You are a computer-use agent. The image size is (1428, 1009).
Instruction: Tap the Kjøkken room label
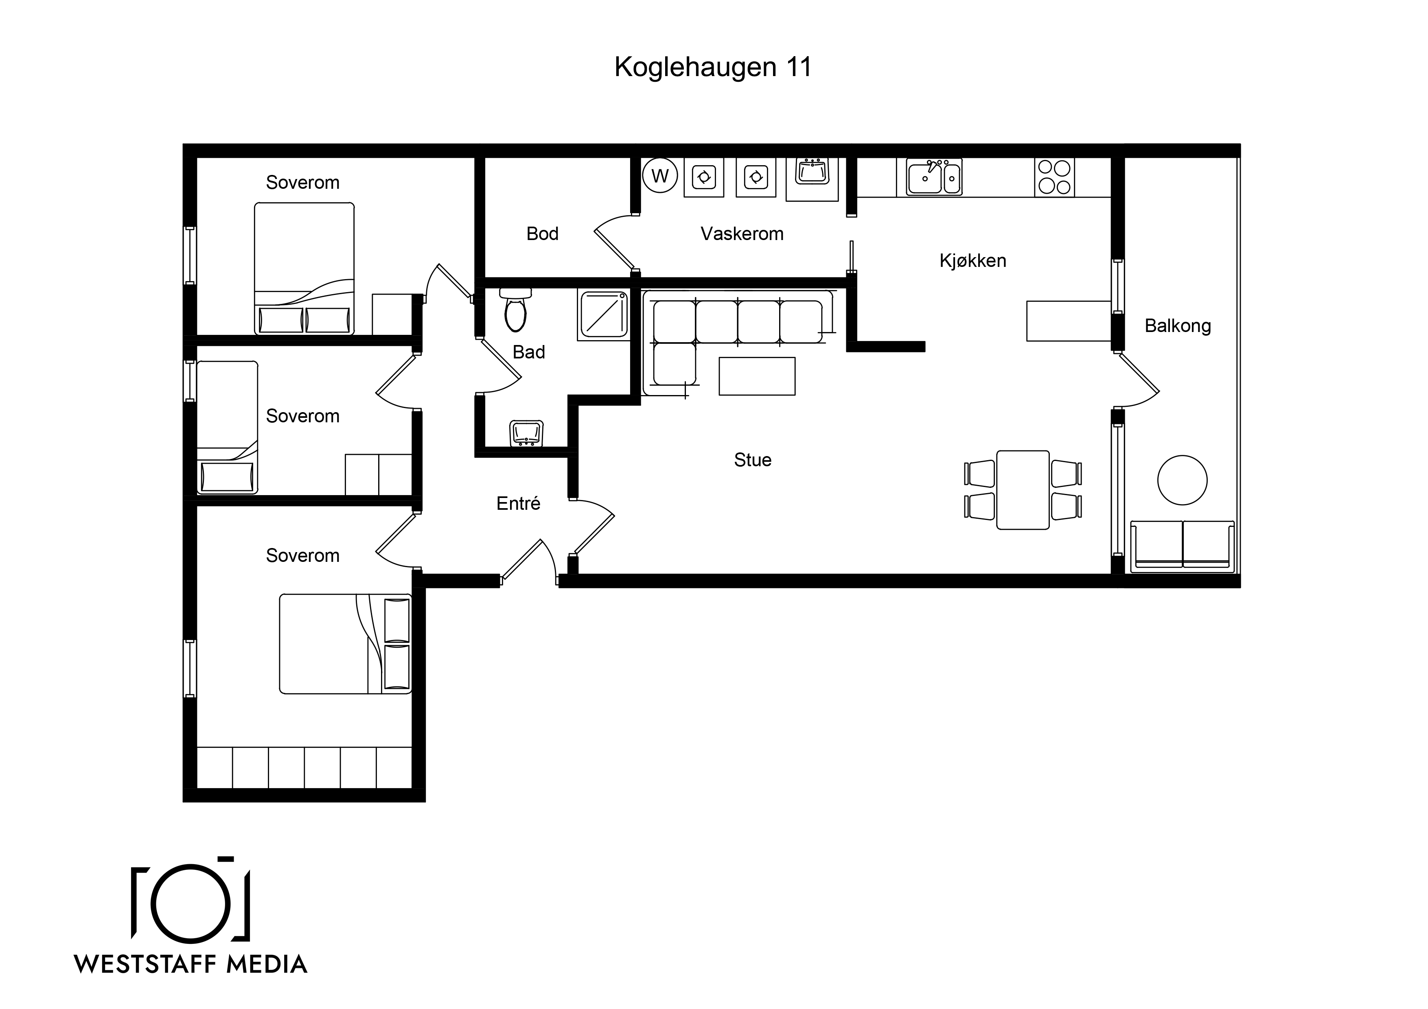tap(973, 260)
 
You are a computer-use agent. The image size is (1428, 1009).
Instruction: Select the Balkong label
tap(1178, 326)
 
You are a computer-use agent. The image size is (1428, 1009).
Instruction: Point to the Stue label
tap(753, 460)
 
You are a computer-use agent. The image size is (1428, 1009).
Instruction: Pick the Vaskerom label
tap(742, 234)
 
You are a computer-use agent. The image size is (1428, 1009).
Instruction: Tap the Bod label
tap(542, 234)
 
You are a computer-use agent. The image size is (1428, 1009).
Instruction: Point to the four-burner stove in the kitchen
tap(1054, 177)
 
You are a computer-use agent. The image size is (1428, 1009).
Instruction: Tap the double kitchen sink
tap(933, 177)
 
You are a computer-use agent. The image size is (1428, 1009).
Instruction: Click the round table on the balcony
tap(1182, 480)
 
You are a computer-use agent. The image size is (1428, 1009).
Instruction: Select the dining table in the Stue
tap(1023, 490)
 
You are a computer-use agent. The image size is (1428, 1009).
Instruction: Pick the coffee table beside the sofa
tap(757, 376)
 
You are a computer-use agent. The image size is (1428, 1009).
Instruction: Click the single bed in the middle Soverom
tap(227, 428)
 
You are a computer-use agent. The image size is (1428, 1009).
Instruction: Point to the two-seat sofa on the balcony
tap(1182, 546)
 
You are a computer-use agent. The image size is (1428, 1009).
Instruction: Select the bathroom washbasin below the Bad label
tap(526, 433)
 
